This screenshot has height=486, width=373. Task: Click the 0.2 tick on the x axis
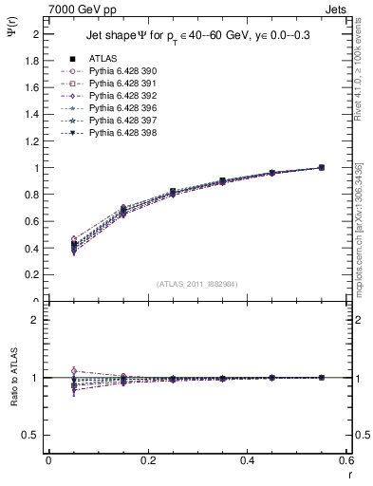[x=147, y=461]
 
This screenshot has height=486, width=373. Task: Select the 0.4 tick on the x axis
[x=247, y=461]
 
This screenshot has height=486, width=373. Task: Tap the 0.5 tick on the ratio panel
[x=32, y=435]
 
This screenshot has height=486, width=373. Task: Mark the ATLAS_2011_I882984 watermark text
[x=197, y=284]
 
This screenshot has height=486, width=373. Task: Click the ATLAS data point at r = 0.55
[x=321, y=167]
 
